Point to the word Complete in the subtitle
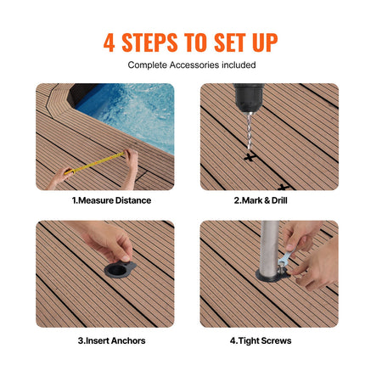coord(146,65)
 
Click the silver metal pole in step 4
coord(270,250)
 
